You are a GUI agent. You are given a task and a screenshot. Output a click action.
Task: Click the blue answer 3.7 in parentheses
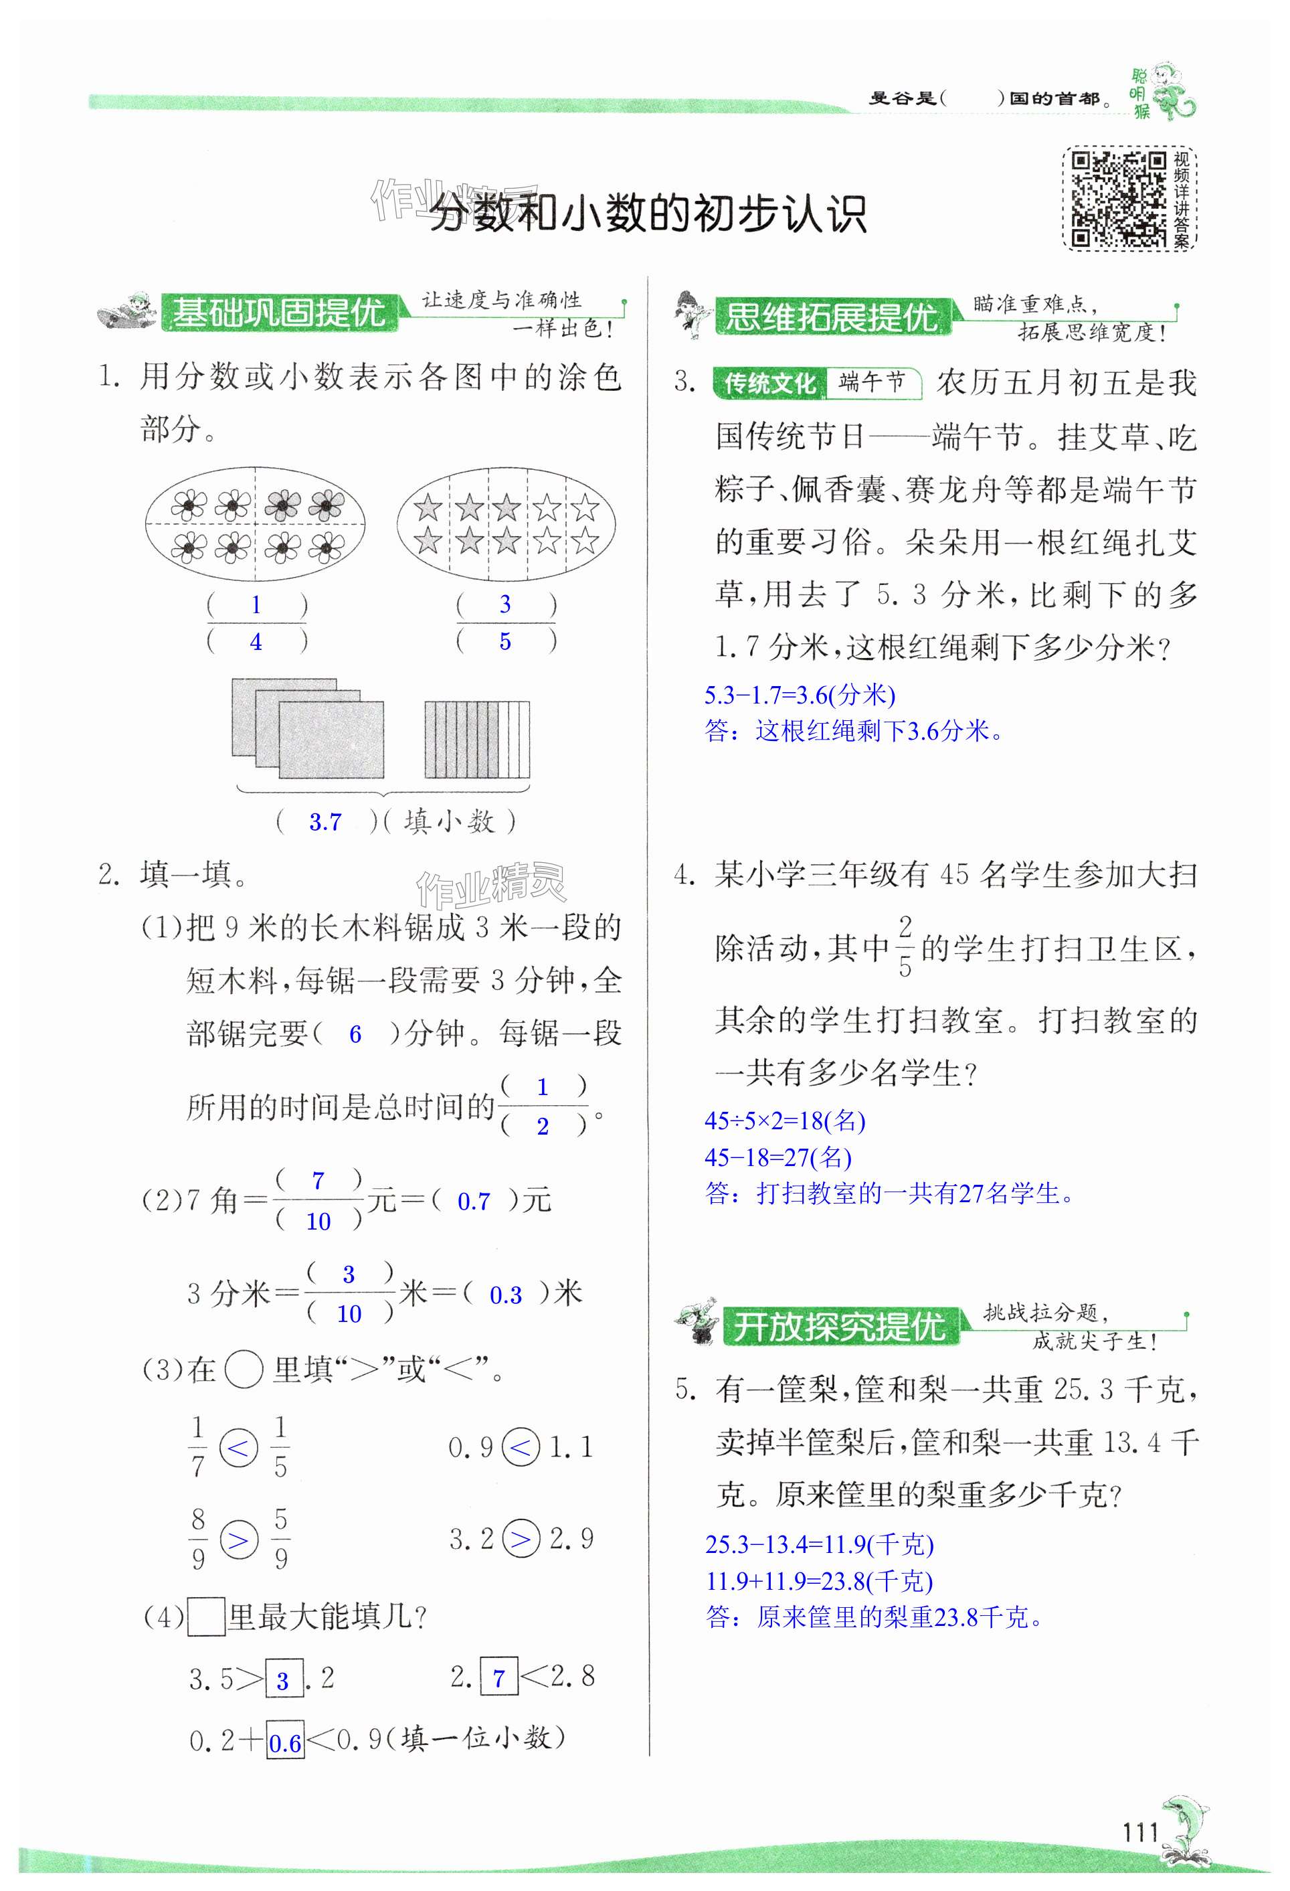pos(325,823)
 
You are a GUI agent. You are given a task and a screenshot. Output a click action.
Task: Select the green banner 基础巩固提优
pos(279,313)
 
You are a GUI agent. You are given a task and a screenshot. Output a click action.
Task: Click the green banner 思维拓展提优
pos(831,317)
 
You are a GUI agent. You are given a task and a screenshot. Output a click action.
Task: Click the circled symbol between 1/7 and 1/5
pos(239,1449)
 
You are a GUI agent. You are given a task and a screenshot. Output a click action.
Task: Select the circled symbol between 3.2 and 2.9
pos(521,1538)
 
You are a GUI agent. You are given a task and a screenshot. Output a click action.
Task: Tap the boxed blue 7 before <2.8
pos(498,1677)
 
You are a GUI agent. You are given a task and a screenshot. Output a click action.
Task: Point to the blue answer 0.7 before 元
pos(474,1202)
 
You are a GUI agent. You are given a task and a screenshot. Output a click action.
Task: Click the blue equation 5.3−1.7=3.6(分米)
pos(800,695)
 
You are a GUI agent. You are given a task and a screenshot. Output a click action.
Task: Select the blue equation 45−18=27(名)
pos(777,1157)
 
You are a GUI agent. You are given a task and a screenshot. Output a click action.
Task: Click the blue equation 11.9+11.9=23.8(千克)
pos(818,1581)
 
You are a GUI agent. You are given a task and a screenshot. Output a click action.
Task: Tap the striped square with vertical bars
pos(476,740)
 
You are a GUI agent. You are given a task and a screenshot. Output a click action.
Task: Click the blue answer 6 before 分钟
pos(355,1034)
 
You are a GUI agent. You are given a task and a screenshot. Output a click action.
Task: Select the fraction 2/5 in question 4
pos(905,947)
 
